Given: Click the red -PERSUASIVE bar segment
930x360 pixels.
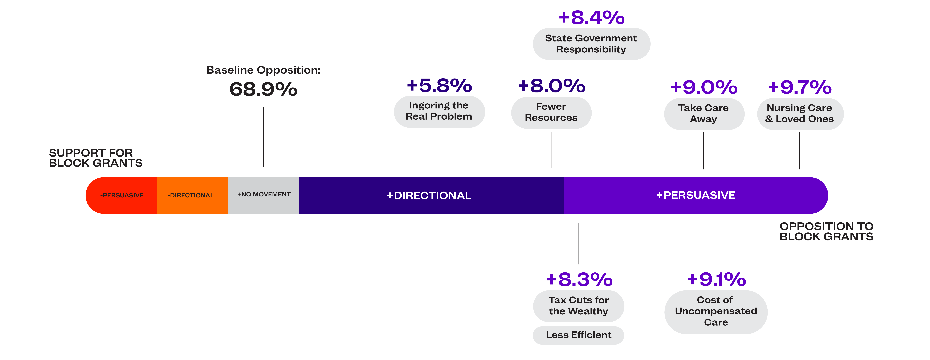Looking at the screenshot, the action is [121, 195].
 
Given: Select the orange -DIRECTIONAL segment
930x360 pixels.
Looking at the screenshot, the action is [192, 195].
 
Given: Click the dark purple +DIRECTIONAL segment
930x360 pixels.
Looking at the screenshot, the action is [431, 195].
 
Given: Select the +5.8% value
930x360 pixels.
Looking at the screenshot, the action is [439, 86].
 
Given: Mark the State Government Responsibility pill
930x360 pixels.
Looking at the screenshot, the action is [591, 44].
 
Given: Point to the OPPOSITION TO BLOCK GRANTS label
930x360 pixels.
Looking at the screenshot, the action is [826, 231].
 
